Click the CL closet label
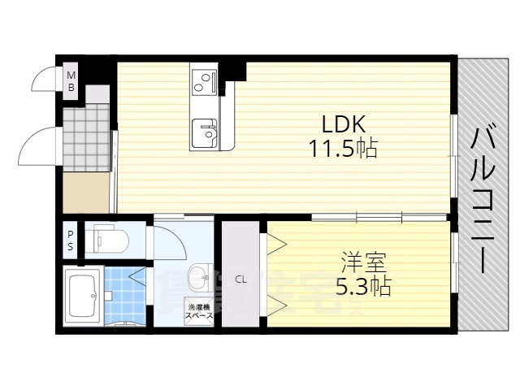click(x=240, y=279)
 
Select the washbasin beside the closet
click(x=198, y=275)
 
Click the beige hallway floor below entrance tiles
click(x=86, y=193)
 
